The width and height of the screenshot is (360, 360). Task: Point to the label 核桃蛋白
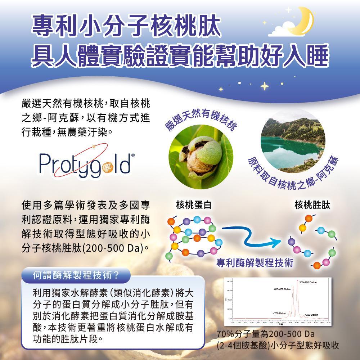pyautogui.click(x=194, y=205)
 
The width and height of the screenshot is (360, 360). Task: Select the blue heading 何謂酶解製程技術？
pyautogui.click(x=76, y=276)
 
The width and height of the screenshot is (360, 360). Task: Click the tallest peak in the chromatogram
pyautogui.click(x=298, y=284)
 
